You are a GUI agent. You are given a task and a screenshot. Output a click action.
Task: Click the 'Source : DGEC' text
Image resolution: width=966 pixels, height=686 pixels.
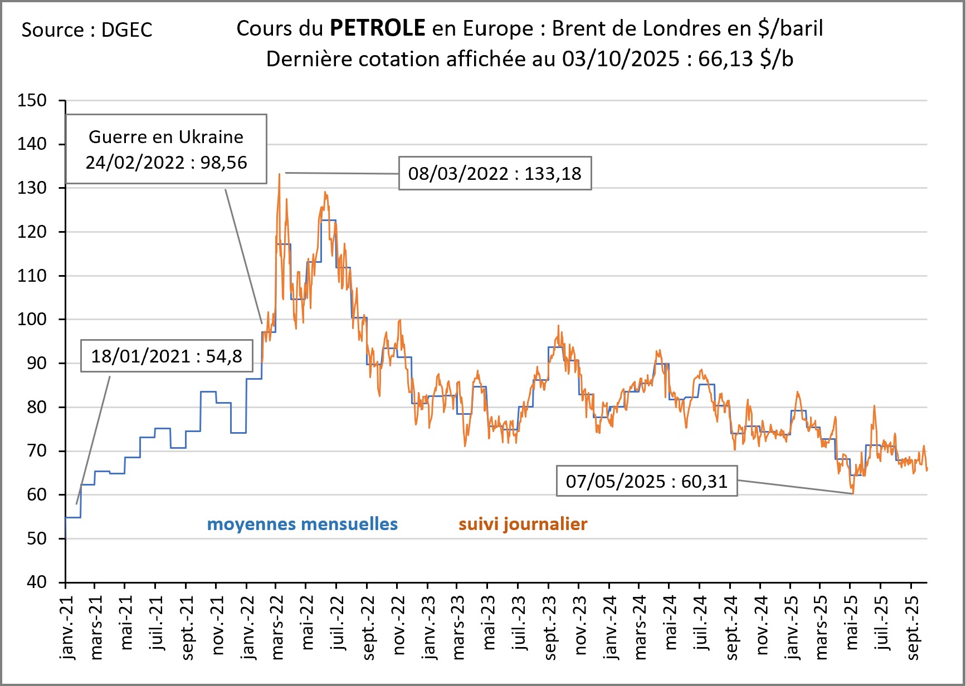click(x=87, y=30)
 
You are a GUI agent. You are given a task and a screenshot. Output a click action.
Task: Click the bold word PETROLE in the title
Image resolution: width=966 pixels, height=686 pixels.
click(x=377, y=28)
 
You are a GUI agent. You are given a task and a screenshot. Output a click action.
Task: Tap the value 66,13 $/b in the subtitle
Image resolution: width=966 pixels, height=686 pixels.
click(x=745, y=59)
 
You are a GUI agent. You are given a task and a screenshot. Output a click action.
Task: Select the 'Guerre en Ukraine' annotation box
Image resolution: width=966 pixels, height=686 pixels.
click(x=166, y=149)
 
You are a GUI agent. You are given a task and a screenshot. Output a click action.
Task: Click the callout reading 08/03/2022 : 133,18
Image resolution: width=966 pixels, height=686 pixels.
click(x=495, y=174)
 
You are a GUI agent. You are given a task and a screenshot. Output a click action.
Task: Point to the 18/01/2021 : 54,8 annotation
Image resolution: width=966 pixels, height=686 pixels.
click(x=167, y=356)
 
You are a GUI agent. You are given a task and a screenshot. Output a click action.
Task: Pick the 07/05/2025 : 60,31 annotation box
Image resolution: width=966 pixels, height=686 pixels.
click(x=646, y=481)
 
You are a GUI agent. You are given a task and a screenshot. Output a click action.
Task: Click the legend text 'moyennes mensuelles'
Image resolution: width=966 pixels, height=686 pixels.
click(x=302, y=524)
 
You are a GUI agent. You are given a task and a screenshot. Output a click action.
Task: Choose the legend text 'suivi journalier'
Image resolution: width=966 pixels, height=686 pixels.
click(x=523, y=524)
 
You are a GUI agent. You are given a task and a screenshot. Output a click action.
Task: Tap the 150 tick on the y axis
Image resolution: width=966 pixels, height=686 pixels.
click(x=32, y=101)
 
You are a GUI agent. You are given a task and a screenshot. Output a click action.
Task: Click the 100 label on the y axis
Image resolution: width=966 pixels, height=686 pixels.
click(x=32, y=320)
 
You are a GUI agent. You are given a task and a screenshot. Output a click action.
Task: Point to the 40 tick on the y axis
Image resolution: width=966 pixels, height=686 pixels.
click(x=37, y=582)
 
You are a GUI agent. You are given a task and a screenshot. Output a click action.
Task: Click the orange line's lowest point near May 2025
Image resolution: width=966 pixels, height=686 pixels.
click(x=852, y=493)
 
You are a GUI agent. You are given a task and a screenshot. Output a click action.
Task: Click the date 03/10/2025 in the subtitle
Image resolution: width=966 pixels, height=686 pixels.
click(x=620, y=59)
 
